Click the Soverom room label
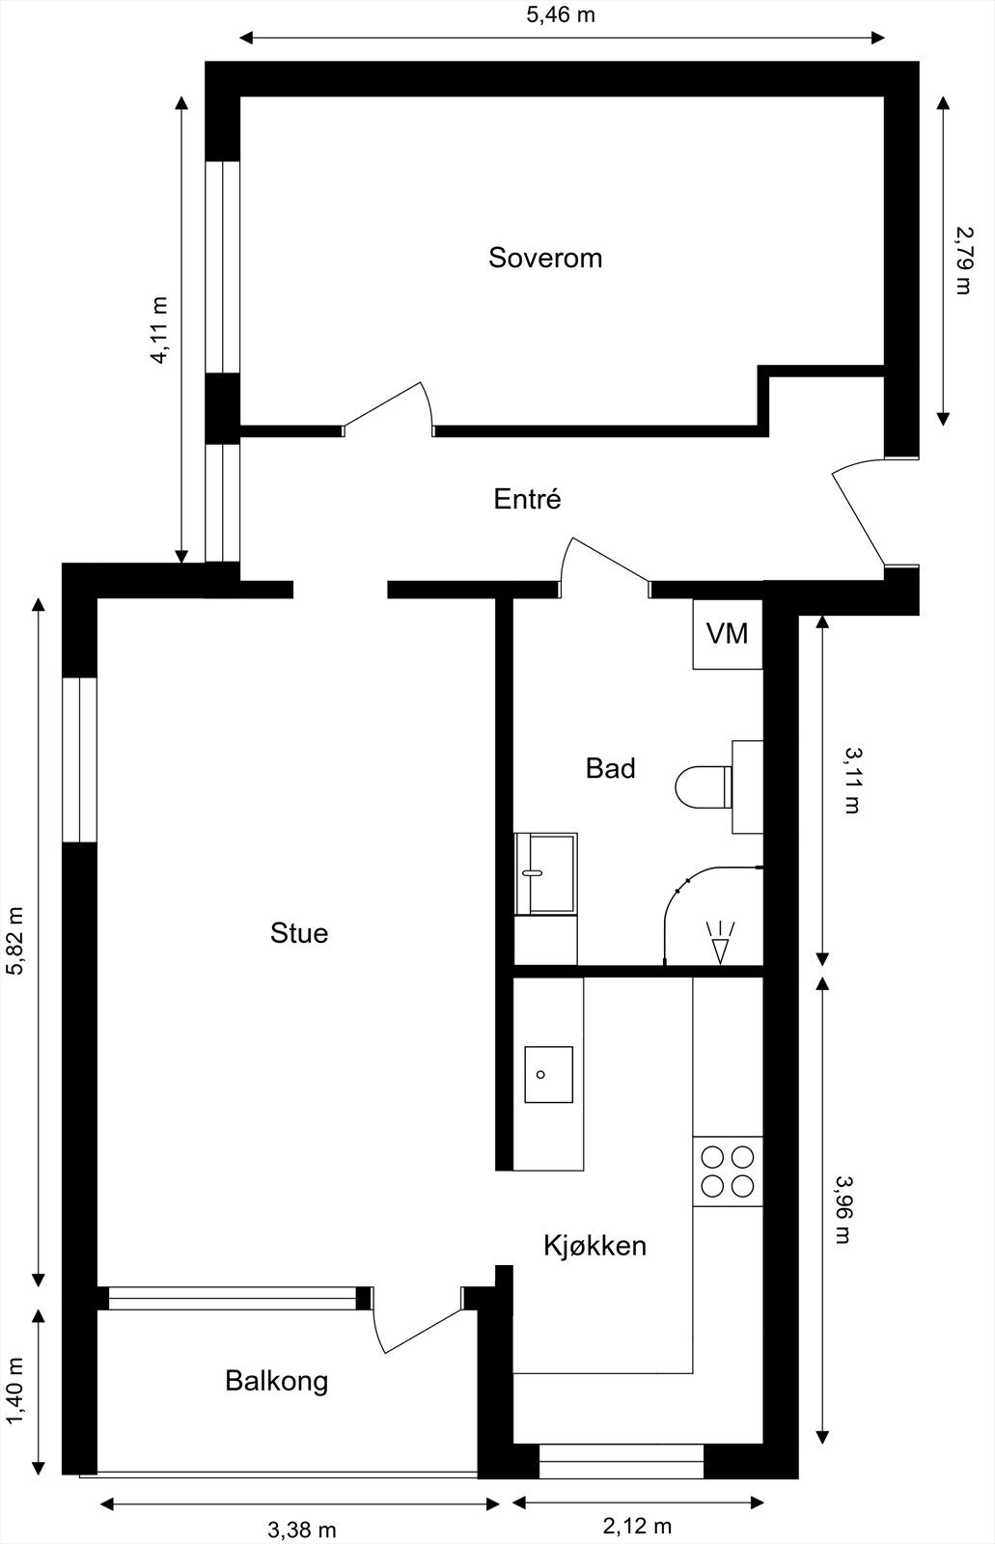[544, 258]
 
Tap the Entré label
[528, 498]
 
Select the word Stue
[298, 932]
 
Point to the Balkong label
[277, 1381]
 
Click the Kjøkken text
[595, 1246]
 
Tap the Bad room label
[610, 768]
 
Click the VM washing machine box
[728, 633]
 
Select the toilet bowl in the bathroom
[704, 786]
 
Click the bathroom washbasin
[545, 873]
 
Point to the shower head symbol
[721, 942]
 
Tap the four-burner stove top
[728, 1172]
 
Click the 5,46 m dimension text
[561, 14]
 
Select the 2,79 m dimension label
[963, 261]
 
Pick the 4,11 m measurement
[160, 330]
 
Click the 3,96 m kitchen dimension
[843, 1210]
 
